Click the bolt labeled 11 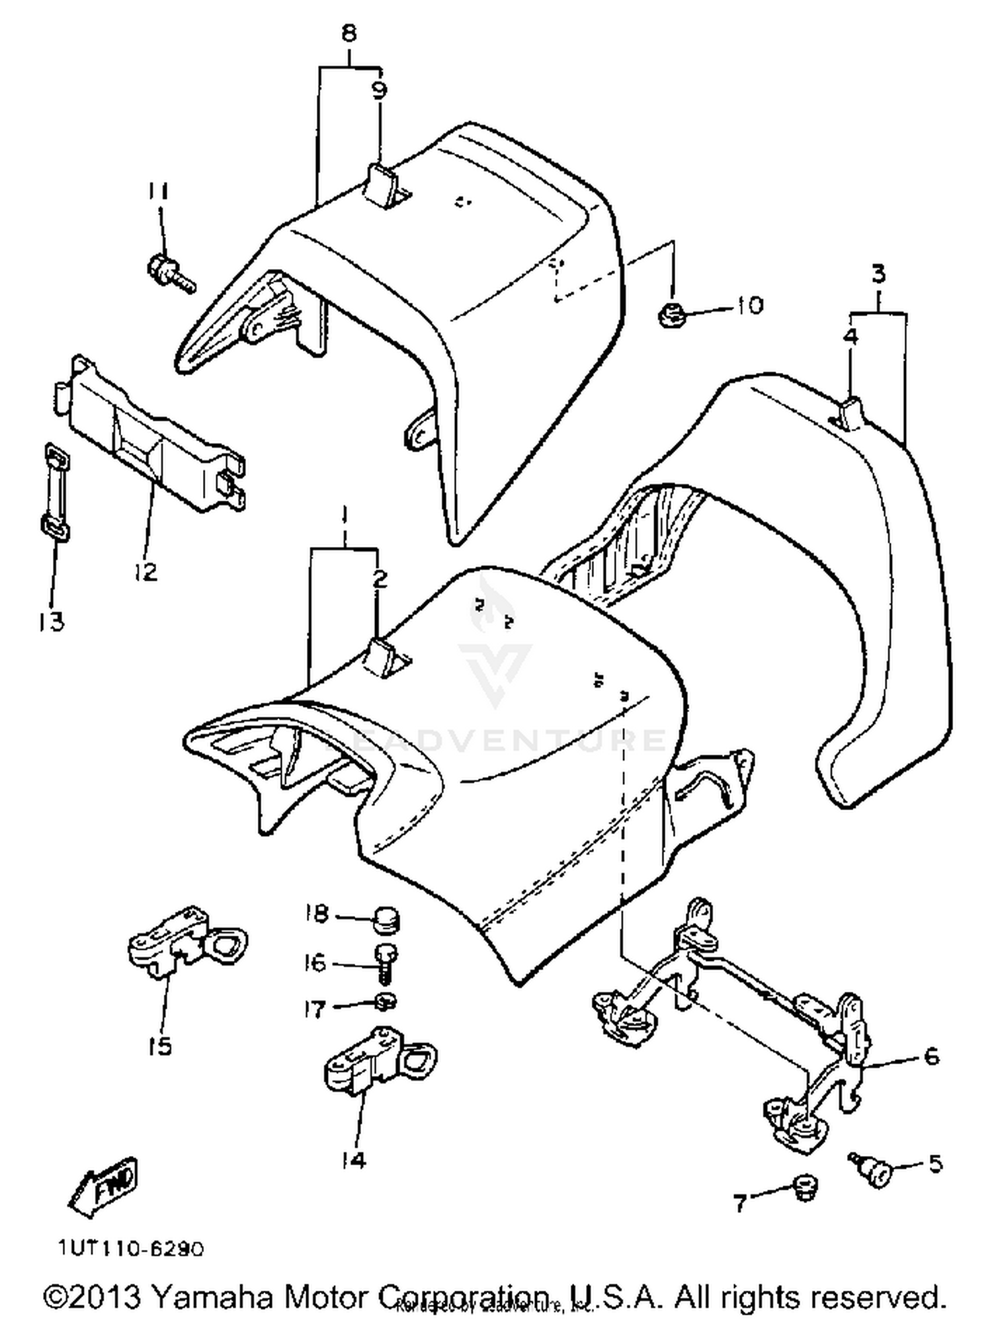tap(168, 272)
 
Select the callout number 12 tap(145, 570)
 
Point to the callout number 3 tap(878, 273)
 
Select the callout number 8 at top tap(349, 32)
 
